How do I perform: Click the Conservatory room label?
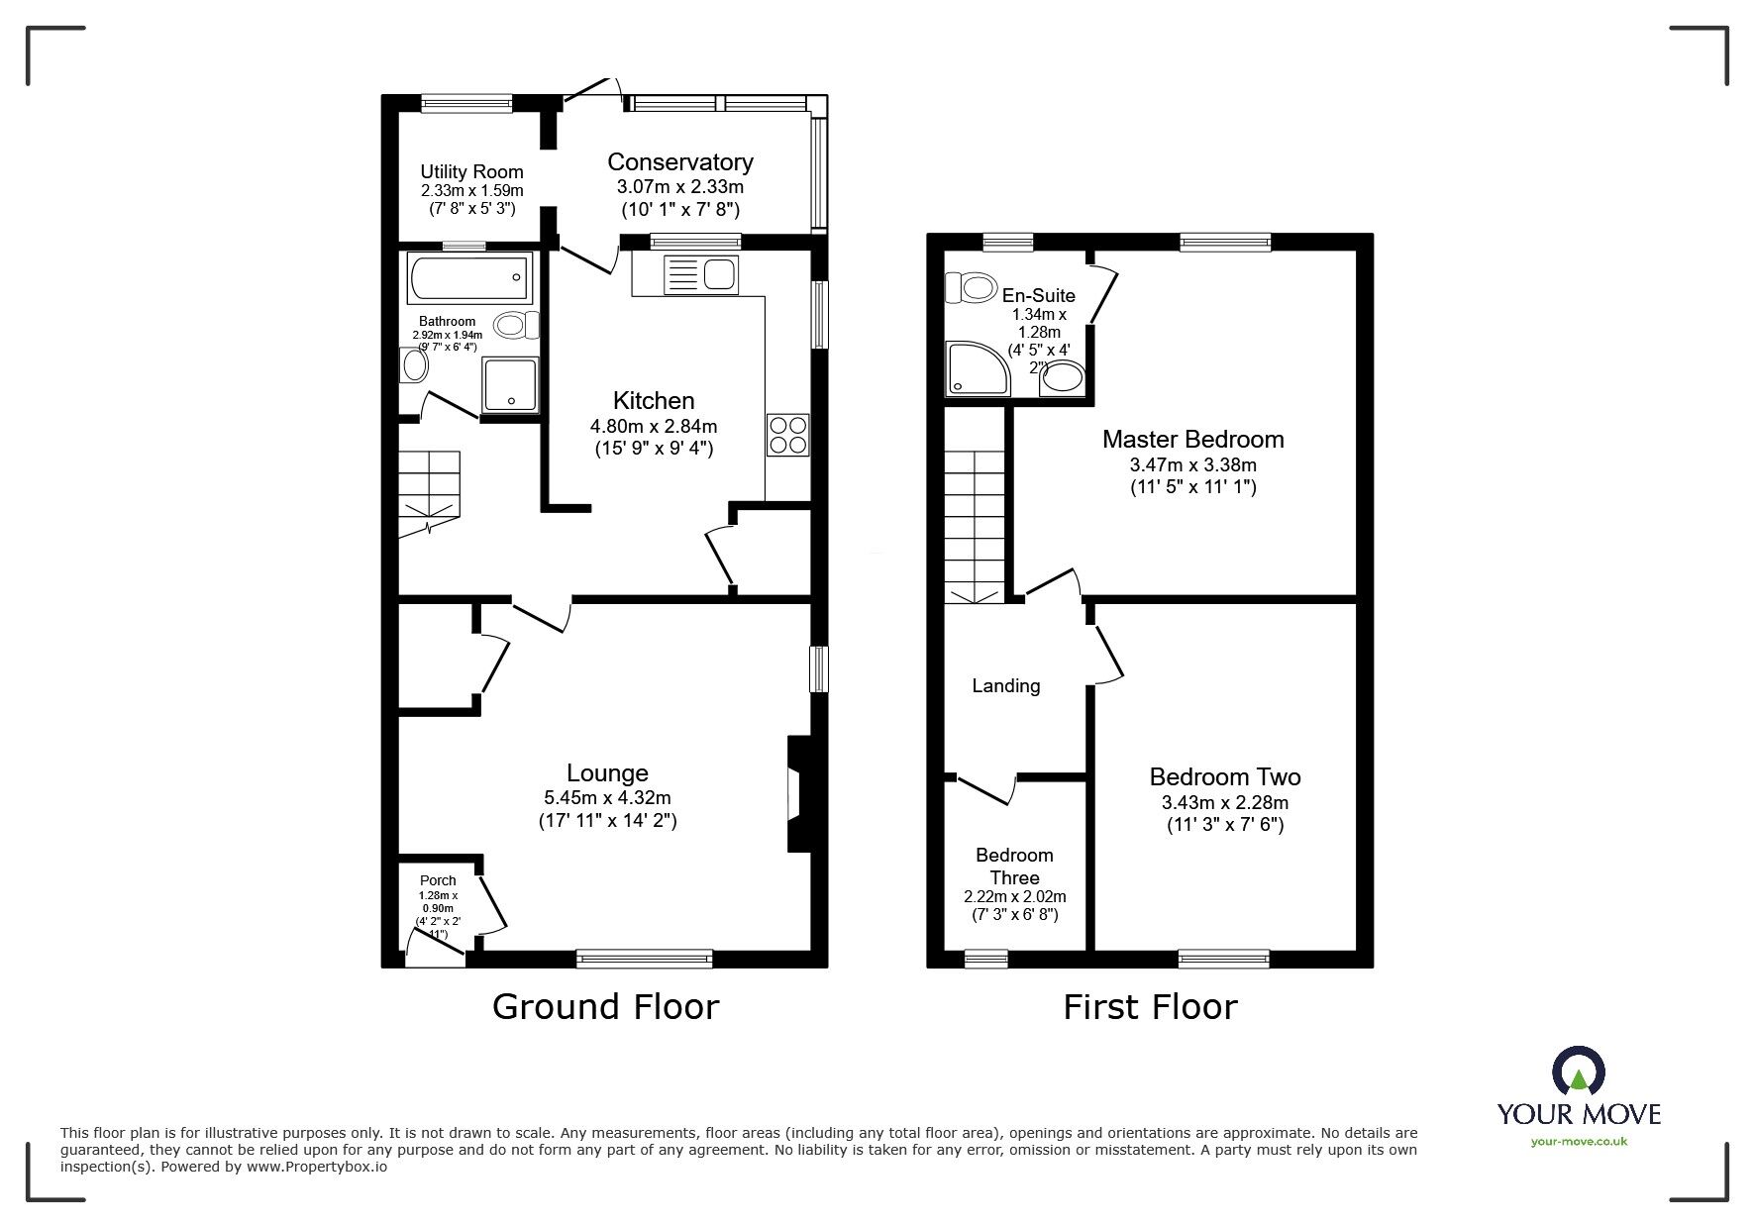(679, 162)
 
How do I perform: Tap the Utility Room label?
(471, 172)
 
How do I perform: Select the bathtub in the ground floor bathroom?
(469, 278)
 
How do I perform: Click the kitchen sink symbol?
(700, 274)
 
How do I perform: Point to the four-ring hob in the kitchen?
(787, 435)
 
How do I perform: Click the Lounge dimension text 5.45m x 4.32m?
(607, 797)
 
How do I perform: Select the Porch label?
(438, 880)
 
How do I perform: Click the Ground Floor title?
(605, 1007)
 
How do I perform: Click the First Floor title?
(1150, 1007)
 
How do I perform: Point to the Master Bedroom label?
(1192, 439)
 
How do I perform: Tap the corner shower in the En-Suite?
(976, 368)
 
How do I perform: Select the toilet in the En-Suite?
(971, 288)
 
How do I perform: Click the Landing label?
(1005, 685)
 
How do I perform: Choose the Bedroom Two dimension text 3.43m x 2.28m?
(1224, 803)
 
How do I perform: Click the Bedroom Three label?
(1014, 867)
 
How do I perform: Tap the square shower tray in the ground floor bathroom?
(510, 385)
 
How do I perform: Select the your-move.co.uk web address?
(1579, 1142)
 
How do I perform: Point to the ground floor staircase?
(430, 494)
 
